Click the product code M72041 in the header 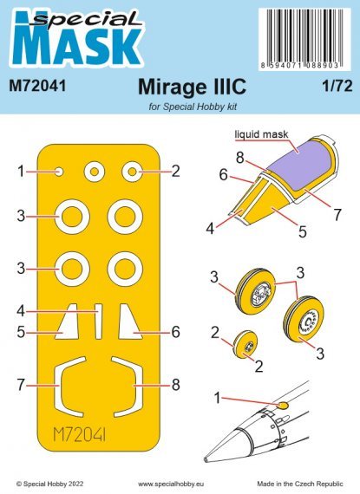click(37, 88)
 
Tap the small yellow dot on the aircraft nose click(281, 404)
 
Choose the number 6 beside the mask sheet click(174, 331)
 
